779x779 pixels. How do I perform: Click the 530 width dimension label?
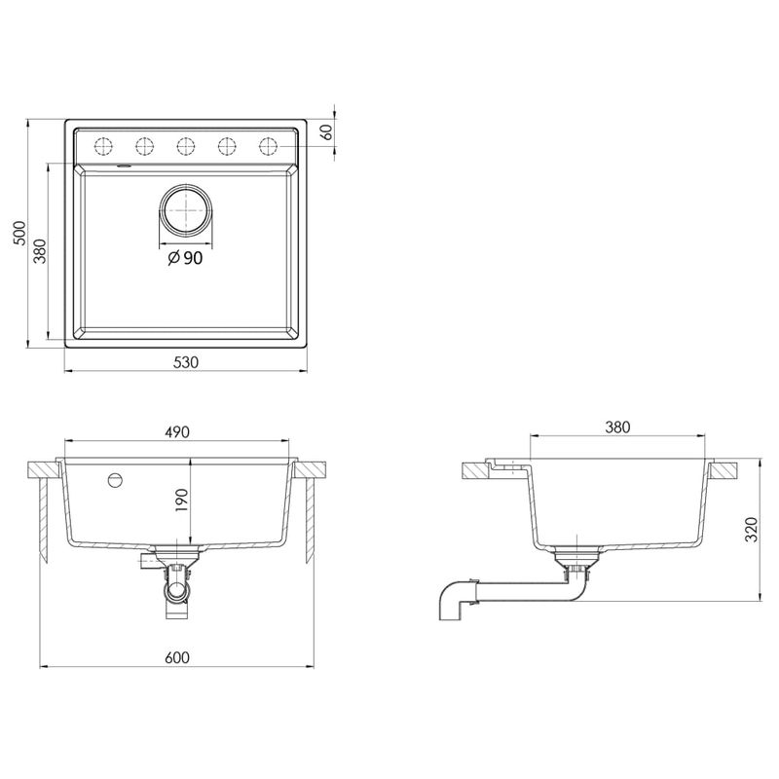(x=186, y=362)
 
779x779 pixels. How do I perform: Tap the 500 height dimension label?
(x=19, y=233)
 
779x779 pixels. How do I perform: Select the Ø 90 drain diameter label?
(x=185, y=258)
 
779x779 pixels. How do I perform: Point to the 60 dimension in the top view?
(x=327, y=132)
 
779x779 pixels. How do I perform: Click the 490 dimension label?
(x=177, y=432)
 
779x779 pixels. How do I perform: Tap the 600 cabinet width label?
(x=177, y=657)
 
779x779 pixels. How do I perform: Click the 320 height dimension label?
(x=752, y=530)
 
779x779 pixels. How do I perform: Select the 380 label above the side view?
(x=617, y=427)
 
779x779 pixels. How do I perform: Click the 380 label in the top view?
(x=40, y=251)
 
